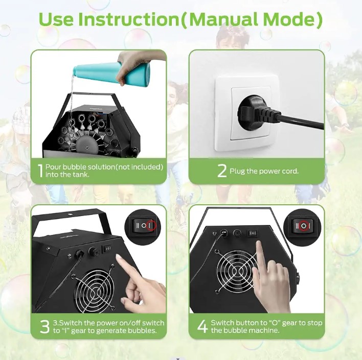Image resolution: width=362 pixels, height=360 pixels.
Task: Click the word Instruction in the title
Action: [x=129, y=19]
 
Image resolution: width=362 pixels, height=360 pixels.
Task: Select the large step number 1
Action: [x=41, y=171]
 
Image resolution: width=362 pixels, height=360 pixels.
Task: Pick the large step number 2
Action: [x=222, y=171]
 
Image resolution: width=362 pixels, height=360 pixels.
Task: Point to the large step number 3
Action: [x=45, y=327]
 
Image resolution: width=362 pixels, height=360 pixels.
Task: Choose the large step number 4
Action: [x=202, y=327]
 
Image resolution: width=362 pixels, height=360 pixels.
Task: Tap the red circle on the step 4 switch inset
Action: [x=304, y=226]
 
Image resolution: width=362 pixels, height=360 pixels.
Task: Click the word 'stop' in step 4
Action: [x=315, y=323]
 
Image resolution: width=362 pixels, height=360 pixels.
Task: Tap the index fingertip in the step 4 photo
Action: [x=259, y=244]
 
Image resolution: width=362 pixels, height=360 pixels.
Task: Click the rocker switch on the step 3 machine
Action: [x=107, y=249]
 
